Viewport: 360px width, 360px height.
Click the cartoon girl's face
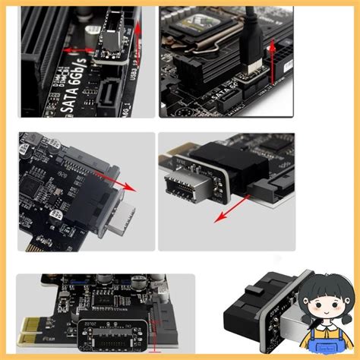click(x=319, y=303)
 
